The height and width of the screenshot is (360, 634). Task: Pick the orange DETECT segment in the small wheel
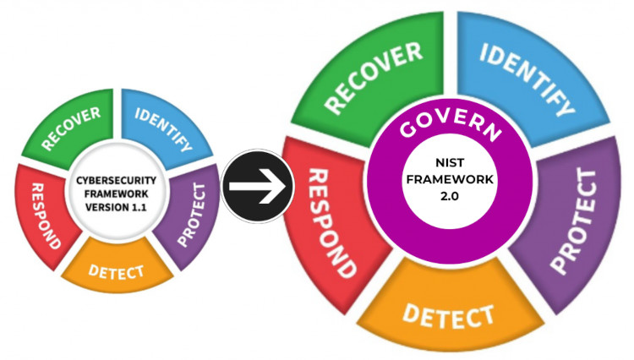[117, 267]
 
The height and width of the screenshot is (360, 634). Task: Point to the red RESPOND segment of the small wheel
[44, 215]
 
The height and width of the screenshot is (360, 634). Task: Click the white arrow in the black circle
[257, 186]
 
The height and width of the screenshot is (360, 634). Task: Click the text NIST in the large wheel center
[450, 162]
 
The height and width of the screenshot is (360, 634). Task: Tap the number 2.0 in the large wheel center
[449, 196]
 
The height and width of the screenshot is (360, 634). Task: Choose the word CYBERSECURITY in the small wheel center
[116, 180]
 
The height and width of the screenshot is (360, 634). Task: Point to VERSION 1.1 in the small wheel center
[116, 207]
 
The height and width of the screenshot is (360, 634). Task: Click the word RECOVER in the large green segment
[373, 78]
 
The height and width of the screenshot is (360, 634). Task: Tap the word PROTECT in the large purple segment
[574, 221]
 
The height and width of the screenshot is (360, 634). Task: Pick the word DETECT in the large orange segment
[448, 315]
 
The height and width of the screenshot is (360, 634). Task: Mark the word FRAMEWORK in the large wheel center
[450, 179]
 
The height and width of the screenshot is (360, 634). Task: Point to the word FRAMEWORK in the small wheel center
[116, 194]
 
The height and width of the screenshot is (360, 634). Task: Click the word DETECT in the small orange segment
[117, 272]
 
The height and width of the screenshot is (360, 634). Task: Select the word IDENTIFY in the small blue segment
[163, 129]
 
